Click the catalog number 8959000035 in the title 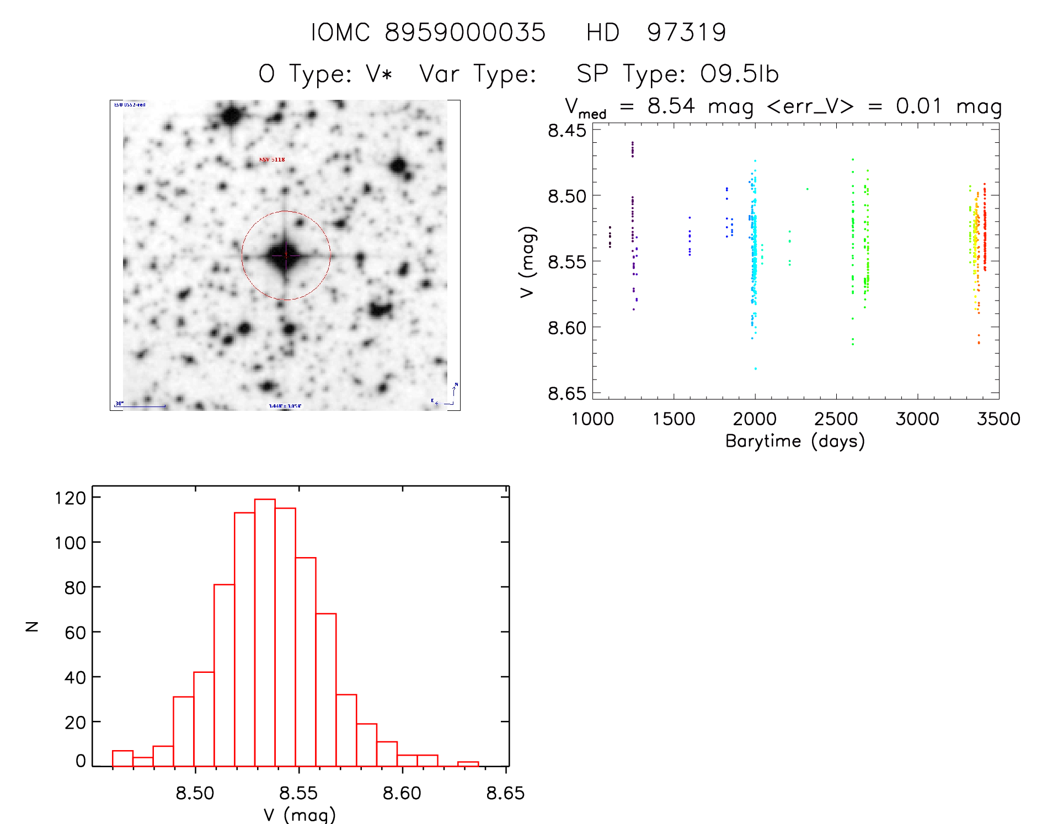(464, 33)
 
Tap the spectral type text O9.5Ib (739, 74)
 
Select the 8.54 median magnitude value (671, 105)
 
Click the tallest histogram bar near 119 (265, 632)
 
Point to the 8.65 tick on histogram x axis (505, 793)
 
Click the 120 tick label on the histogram (71, 498)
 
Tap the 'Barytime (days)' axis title (795, 441)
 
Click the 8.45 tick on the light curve (567, 130)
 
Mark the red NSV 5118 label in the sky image (272, 160)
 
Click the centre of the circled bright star (286, 255)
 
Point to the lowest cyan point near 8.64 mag (755, 368)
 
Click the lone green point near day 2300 (807, 189)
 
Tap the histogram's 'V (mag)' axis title (300, 815)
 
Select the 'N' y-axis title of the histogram (32, 627)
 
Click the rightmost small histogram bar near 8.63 (468, 764)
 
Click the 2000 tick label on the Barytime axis (755, 419)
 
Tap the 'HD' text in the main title (603, 33)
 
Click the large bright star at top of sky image (232, 116)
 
